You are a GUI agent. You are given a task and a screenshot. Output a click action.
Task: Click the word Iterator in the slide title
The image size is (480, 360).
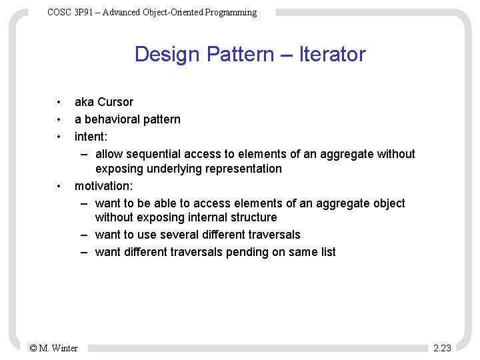(x=332, y=54)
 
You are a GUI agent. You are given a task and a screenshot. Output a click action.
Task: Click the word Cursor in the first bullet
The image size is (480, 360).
(x=115, y=102)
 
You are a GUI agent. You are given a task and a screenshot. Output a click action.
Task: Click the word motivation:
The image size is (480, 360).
(x=103, y=186)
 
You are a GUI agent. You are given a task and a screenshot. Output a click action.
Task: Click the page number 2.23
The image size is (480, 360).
(x=442, y=348)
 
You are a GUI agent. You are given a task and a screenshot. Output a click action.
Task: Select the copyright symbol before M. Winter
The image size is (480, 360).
(x=33, y=348)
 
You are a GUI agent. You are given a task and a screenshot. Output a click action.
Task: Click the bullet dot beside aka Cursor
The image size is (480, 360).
(x=59, y=102)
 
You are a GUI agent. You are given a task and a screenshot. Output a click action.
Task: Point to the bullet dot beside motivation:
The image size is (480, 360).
(x=59, y=186)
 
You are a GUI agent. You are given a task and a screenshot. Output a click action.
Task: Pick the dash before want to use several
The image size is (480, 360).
(x=85, y=235)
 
